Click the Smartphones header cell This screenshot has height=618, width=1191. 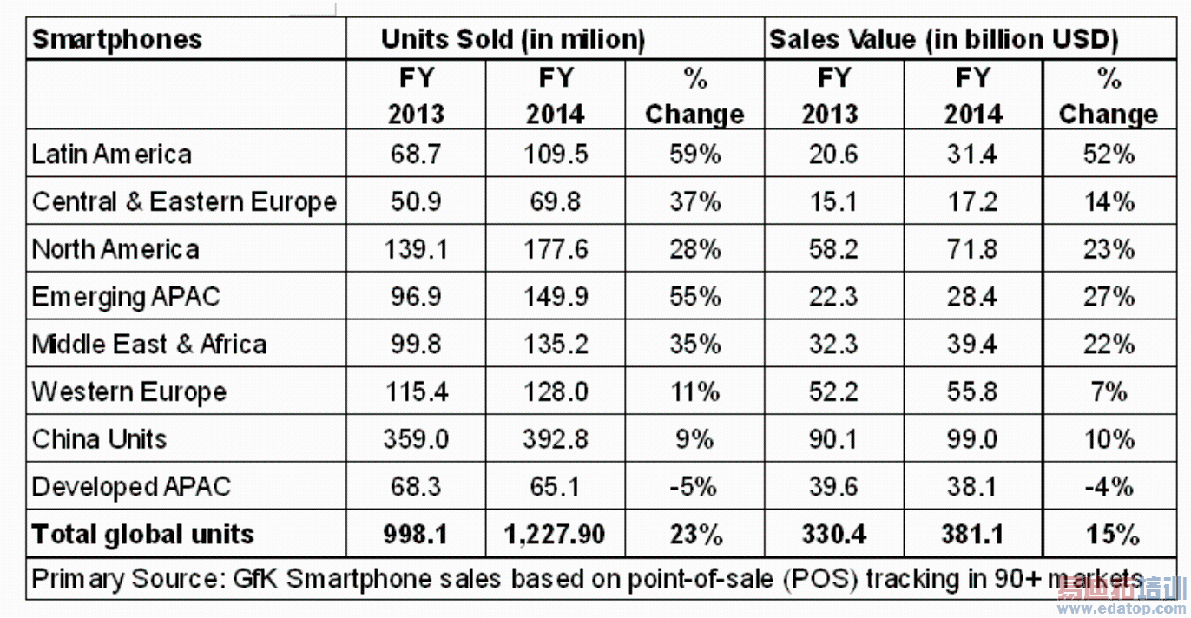pyautogui.click(x=117, y=40)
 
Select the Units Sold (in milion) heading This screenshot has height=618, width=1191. pyautogui.click(x=513, y=40)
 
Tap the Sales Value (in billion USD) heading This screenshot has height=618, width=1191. pyautogui.click(x=944, y=40)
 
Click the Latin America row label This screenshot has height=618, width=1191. pyautogui.click(x=112, y=154)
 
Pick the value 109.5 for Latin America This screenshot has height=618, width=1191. pyautogui.click(x=556, y=154)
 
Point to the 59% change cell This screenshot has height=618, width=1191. pyautogui.click(x=694, y=154)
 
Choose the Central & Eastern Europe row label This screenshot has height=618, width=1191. pyautogui.click(x=184, y=202)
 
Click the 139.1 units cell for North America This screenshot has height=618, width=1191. pyautogui.click(x=416, y=250)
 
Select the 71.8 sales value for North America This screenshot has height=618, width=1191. pyautogui.click(x=972, y=250)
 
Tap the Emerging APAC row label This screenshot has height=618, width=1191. pyautogui.click(x=126, y=297)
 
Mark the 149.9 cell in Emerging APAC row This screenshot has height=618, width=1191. pyautogui.click(x=556, y=297)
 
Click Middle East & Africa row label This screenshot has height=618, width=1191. pyautogui.click(x=149, y=345)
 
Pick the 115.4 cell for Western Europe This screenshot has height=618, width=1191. pyautogui.click(x=416, y=392)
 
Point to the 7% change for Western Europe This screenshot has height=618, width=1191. pyautogui.click(x=1109, y=392)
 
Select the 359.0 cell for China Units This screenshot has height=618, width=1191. pyautogui.click(x=416, y=439)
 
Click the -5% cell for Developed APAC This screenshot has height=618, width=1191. pyautogui.click(x=694, y=487)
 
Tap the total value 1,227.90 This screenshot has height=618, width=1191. pyautogui.click(x=556, y=535)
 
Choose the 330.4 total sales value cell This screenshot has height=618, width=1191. pyautogui.click(x=833, y=535)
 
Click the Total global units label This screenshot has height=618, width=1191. pyautogui.click(x=142, y=535)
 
